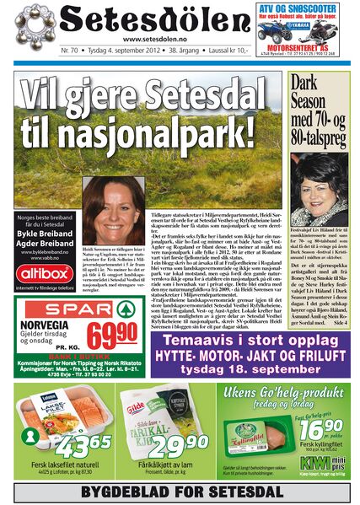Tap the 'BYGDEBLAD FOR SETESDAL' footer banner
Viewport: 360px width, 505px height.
(180, 490)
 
